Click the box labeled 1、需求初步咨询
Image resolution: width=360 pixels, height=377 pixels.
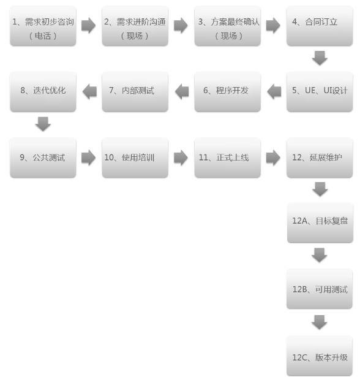point(43,26)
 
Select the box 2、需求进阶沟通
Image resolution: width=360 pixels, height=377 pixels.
point(135,26)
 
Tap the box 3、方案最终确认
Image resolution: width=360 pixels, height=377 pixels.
point(227,26)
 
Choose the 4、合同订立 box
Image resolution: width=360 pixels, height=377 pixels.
point(320,26)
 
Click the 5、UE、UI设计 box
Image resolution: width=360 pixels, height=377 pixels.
point(320,91)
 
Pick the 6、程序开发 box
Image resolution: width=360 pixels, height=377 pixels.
point(227,91)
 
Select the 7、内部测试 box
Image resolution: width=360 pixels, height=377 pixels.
point(135,91)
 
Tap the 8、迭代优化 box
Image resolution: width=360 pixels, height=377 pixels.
point(43,91)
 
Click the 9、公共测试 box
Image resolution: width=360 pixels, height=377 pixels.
point(43,158)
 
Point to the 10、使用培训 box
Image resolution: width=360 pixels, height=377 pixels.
point(135,158)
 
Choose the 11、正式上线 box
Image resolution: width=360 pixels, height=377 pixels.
point(227,158)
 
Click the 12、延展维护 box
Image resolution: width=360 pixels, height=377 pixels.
point(320,158)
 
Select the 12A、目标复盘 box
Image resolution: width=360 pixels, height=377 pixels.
point(320,223)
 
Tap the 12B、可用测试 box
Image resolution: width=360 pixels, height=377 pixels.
point(320,289)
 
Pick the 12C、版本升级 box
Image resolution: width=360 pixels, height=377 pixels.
point(320,356)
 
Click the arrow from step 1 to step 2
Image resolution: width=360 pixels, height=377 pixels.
point(88,25)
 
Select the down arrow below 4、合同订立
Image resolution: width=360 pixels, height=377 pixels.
point(320,58)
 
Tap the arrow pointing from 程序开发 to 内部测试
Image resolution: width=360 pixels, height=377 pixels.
point(182,91)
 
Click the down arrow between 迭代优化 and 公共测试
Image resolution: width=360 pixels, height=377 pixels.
point(43,124)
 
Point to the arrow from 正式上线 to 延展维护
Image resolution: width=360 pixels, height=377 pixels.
point(273,158)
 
